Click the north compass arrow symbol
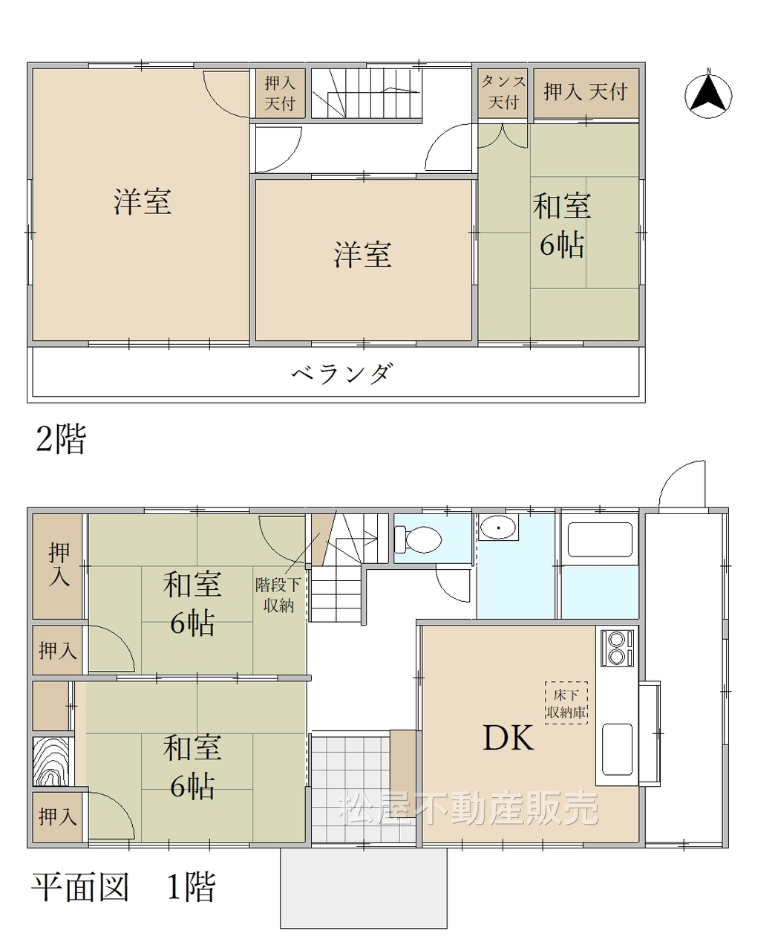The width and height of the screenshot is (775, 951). click(708, 94)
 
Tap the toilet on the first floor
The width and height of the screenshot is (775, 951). click(417, 539)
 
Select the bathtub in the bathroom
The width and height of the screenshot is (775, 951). click(600, 539)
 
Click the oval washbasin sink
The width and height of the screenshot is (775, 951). click(498, 527)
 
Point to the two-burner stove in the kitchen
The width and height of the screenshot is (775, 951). click(617, 648)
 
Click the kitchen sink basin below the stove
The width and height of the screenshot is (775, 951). click(617, 750)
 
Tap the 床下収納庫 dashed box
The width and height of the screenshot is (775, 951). click(566, 703)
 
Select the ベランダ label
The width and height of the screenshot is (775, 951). click(341, 374)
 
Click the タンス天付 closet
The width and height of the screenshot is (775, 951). click(503, 93)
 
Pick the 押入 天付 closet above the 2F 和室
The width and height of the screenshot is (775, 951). click(586, 93)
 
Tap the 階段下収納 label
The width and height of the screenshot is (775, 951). click(278, 595)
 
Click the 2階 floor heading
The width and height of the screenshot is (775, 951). click(61, 439)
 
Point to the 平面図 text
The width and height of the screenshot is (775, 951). click(80, 887)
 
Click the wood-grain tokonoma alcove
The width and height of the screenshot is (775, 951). click(51, 762)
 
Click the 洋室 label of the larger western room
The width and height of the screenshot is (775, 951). click(142, 201)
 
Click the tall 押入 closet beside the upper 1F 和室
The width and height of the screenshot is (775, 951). click(58, 566)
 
